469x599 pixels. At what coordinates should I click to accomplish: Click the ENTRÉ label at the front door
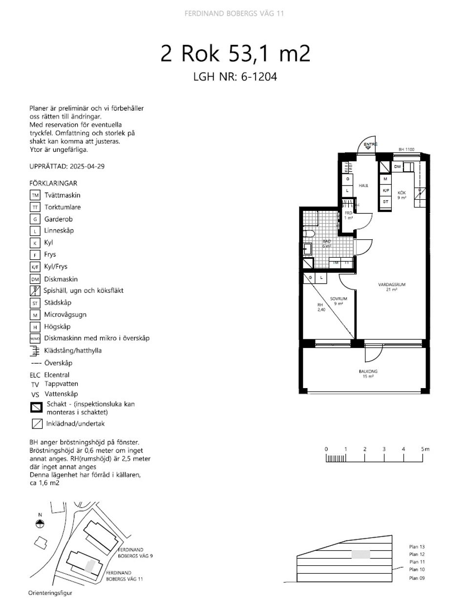[x=371, y=145]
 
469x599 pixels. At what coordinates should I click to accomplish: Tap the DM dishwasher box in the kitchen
[x=398, y=167]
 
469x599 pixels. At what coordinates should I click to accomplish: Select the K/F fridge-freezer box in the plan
[x=385, y=190]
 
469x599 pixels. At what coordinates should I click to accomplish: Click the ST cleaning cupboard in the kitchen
[x=385, y=201]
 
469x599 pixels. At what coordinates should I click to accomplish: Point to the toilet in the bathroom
[x=308, y=235]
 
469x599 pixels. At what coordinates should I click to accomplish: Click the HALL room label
[x=363, y=186]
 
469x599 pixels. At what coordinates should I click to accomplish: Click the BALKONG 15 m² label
[x=368, y=373]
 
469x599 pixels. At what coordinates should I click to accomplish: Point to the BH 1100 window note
[x=406, y=150]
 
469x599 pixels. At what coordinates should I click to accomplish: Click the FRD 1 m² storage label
[x=348, y=215]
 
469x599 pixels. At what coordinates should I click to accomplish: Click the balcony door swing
[x=374, y=352]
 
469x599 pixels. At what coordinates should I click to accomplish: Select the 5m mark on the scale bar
[x=424, y=449]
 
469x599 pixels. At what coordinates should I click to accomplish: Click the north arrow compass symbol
[x=40, y=524]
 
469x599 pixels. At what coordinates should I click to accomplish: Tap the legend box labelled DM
[x=35, y=279]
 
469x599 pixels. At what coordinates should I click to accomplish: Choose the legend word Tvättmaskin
[x=63, y=195]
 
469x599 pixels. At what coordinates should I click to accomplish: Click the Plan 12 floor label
[x=417, y=555]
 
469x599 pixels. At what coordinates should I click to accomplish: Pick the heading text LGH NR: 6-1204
[x=235, y=77]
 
